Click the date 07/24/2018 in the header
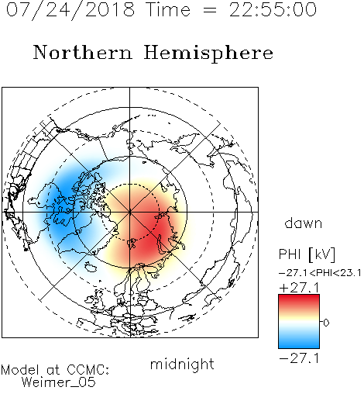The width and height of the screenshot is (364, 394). (70, 10)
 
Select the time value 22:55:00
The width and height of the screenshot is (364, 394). (273, 9)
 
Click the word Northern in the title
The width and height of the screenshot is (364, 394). (83, 52)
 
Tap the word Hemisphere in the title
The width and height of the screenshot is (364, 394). (208, 54)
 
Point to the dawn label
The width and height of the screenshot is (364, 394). (304, 223)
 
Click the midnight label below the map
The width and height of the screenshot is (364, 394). (182, 364)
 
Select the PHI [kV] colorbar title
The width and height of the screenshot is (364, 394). (307, 254)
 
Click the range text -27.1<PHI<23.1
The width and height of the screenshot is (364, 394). (320, 273)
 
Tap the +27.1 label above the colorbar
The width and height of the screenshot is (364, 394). (299, 288)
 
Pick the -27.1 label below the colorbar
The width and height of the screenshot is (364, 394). (299, 358)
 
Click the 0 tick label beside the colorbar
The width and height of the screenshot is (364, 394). (326, 323)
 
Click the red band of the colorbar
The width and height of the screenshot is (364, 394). (299, 301)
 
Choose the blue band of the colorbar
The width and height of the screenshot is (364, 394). (299, 341)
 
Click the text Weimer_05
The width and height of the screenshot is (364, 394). (59, 382)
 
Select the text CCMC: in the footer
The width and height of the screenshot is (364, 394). (88, 370)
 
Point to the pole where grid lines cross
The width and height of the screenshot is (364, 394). (130, 212)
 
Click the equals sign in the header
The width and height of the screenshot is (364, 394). (209, 10)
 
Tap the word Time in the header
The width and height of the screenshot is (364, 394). (168, 9)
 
